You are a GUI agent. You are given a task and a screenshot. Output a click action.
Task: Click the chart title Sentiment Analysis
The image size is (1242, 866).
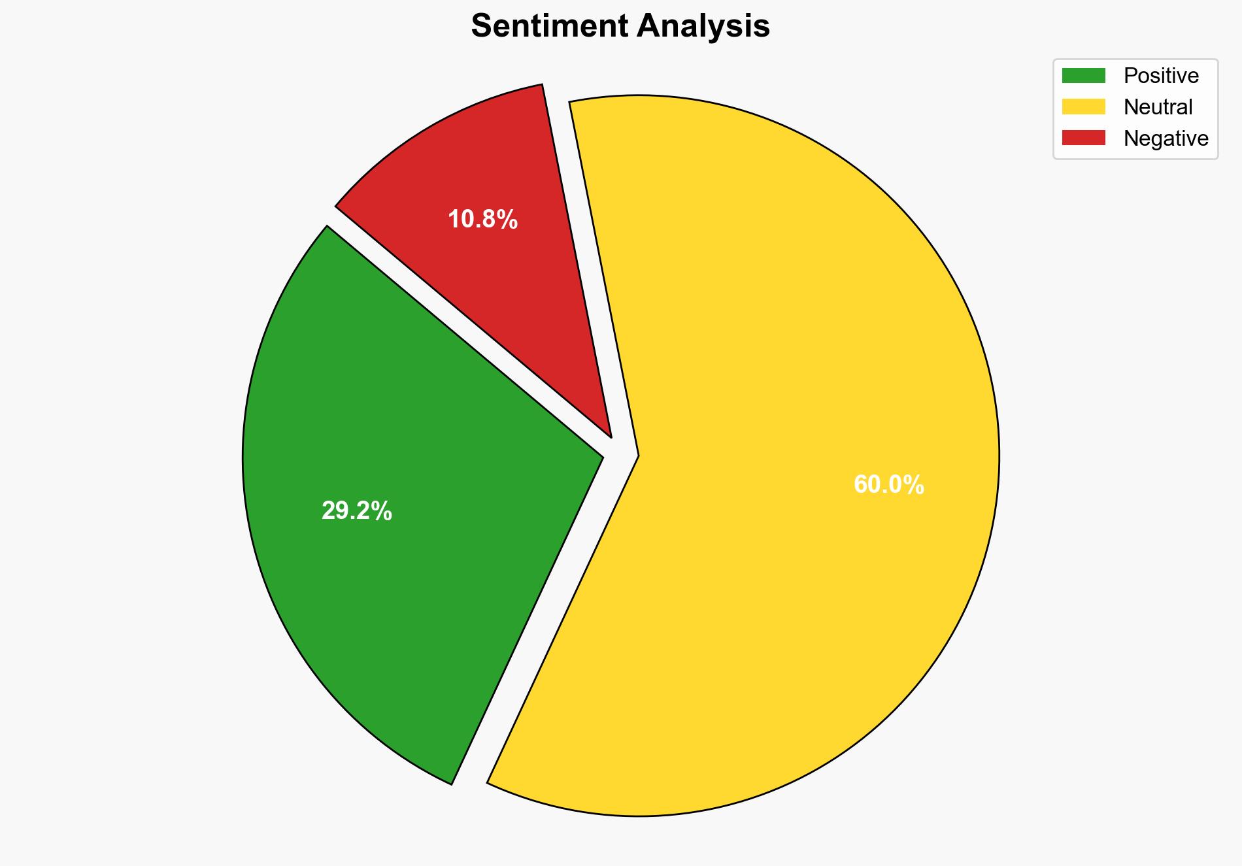[x=620, y=27]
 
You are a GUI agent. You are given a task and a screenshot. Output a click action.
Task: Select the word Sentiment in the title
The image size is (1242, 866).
[x=550, y=27]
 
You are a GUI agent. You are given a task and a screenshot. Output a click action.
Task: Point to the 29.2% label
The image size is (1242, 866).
[x=357, y=511]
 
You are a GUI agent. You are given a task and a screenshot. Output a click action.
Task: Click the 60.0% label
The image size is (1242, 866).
[x=889, y=485]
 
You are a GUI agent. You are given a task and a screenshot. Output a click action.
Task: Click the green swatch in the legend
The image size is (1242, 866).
[x=1083, y=76]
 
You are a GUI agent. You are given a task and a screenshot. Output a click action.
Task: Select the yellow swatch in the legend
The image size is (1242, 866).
[x=1083, y=107]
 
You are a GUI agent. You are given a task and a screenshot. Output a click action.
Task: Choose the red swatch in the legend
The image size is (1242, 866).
[x=1083, y=138]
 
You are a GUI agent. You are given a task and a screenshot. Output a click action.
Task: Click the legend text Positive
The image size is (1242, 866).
[x=1161, y=76]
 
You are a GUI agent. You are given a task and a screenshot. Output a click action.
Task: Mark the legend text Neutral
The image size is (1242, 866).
[x=1158, y=107]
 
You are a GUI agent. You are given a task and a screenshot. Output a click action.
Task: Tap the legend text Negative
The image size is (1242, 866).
[x=1166, y=138]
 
